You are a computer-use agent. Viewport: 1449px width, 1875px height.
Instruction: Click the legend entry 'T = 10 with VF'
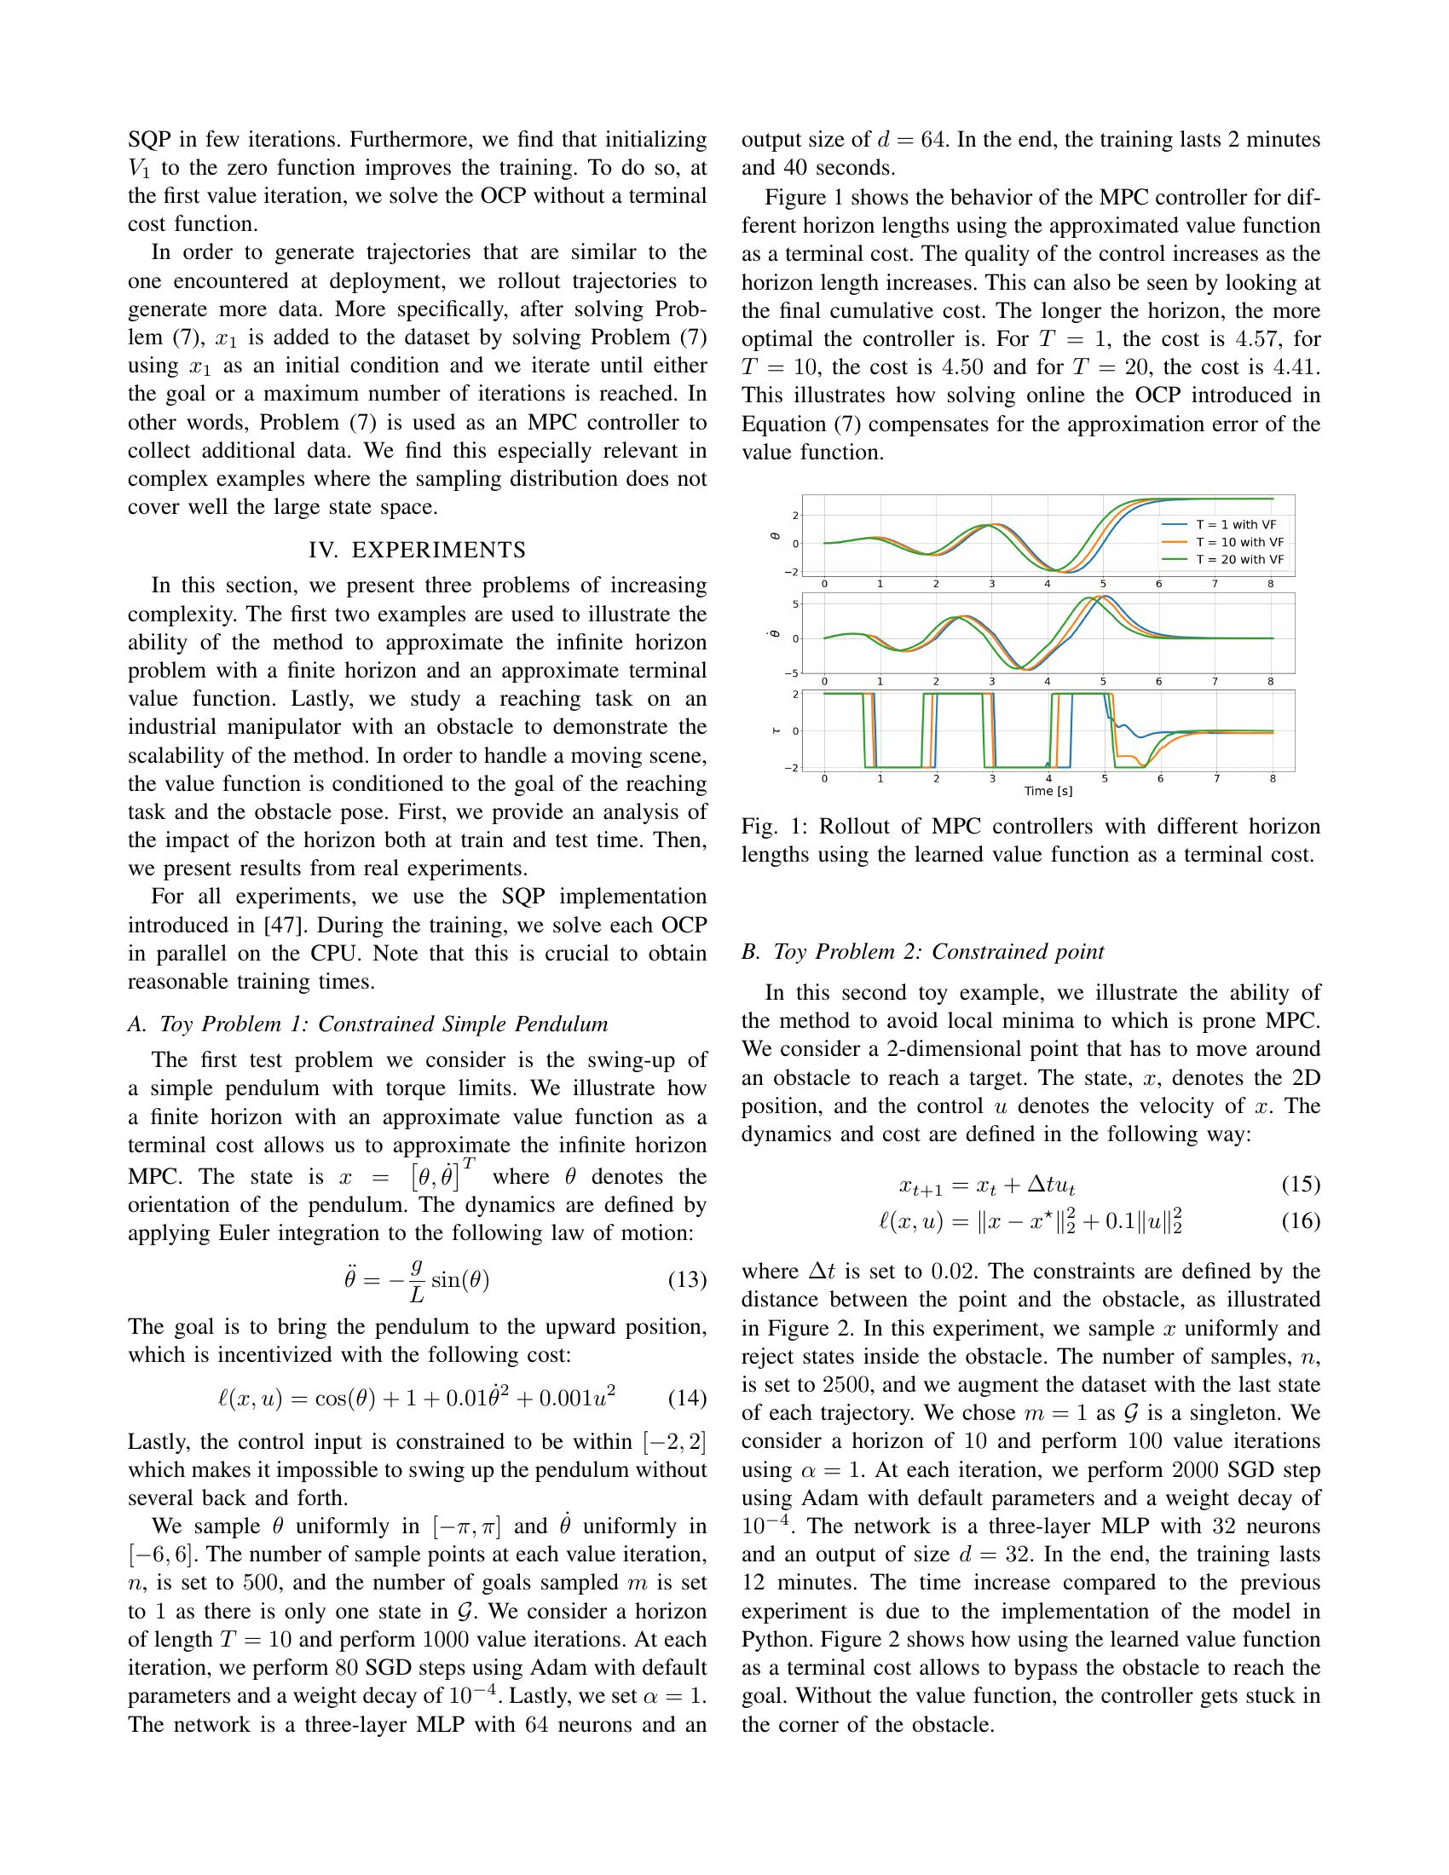pyautogui.click(x=1238, y=542)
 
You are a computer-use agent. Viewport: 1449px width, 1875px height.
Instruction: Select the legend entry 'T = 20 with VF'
pyautogui.click(x=1238, y=559)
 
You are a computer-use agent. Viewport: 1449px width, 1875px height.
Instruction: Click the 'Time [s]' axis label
pyautogui.click(x=1048, y=791)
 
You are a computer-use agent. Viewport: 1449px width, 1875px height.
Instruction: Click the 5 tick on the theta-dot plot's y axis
pyautogui.click(x=796, y=603)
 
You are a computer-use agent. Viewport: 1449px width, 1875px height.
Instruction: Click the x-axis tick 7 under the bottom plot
pyautogui.click(x=1215, y=779)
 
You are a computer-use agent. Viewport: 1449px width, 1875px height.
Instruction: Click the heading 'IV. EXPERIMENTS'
pyautogui.click(x=417, y=550)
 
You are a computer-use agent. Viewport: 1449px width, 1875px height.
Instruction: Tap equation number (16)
pyautogui.click(x=1300, y=1220)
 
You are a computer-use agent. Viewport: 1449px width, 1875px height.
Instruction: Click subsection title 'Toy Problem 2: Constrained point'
pyautogui.click(x=938, y=951)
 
